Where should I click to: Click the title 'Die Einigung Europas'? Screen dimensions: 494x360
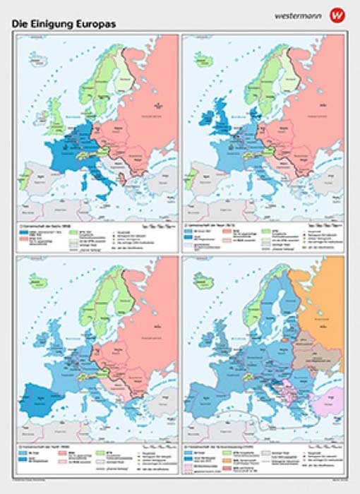pos(64,23)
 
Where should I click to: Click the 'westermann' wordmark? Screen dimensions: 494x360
pos(297,14)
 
